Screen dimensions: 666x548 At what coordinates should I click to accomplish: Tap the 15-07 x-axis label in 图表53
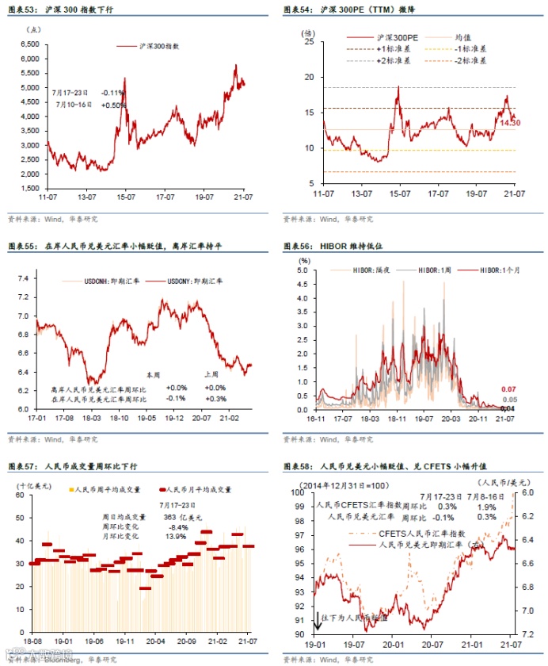pyautogui.click(x=124, y=195)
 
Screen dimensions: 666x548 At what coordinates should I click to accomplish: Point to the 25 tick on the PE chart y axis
pyautogui.click(x=310, y=42)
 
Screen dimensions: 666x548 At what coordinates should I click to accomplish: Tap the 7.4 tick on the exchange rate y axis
pyautogui.click(x=22, y=278)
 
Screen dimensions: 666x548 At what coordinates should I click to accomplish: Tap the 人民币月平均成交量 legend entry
pyautogui.click(x=198, y=490)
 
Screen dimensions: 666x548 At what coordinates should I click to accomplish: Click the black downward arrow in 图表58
pyautogui.click(x=318, y=620)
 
